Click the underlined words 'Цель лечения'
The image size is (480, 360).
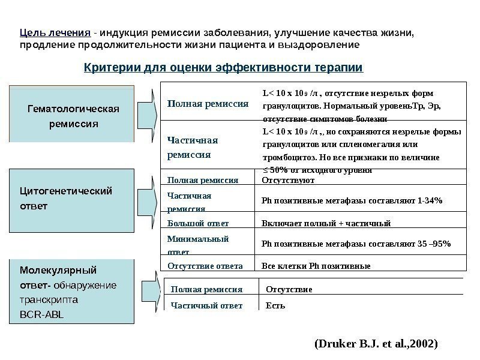[55, 32]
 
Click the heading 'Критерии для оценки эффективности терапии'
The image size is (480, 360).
[223, 67]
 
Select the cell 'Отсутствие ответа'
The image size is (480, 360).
[205, 266]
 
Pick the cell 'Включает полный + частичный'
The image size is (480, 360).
[327, 223]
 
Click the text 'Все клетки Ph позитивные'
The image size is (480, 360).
[317, 266]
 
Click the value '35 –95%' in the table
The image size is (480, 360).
[431, 243]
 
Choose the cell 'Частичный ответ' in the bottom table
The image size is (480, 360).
[207, 305]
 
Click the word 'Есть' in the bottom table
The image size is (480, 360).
[275, 305]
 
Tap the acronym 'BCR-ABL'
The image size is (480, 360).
[37, 313]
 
